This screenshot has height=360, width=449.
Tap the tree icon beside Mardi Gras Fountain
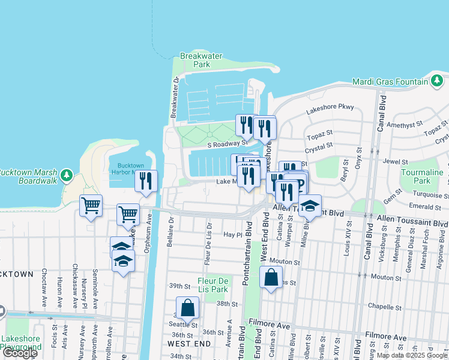437,82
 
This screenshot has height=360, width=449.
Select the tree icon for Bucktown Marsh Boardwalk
67,175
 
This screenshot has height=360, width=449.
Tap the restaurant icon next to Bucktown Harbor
146,181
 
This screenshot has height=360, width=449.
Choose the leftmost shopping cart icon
91,206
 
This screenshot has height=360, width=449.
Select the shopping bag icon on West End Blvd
271,277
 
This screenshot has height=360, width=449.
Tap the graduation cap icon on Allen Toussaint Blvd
310,206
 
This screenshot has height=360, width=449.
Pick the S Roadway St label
228,143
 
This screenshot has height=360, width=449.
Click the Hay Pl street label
232,235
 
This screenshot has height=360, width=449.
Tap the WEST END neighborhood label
189,344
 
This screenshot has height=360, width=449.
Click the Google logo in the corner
20,353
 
